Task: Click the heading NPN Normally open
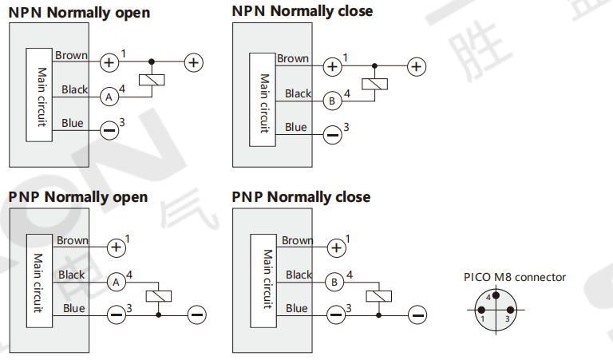click(x=79, y=13)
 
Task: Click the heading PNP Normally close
click(x=301, y=196)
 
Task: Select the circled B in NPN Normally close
click(x=331, y=101)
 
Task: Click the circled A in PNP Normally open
click(x=117, y=283)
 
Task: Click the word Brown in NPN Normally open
click(x=72, y=55)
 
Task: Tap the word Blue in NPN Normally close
click(x=296, y=127)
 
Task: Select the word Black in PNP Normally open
click(x=71, y=275)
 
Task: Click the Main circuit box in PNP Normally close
click(x=267, y=279)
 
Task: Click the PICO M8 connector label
click(x=515, y=278)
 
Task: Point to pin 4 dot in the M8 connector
click(x=495, y=295)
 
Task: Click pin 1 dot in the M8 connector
click(x=482, y=308)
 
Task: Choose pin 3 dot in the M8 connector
click(x=508, y=308)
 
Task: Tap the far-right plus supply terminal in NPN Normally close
click(x=415, y=66)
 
